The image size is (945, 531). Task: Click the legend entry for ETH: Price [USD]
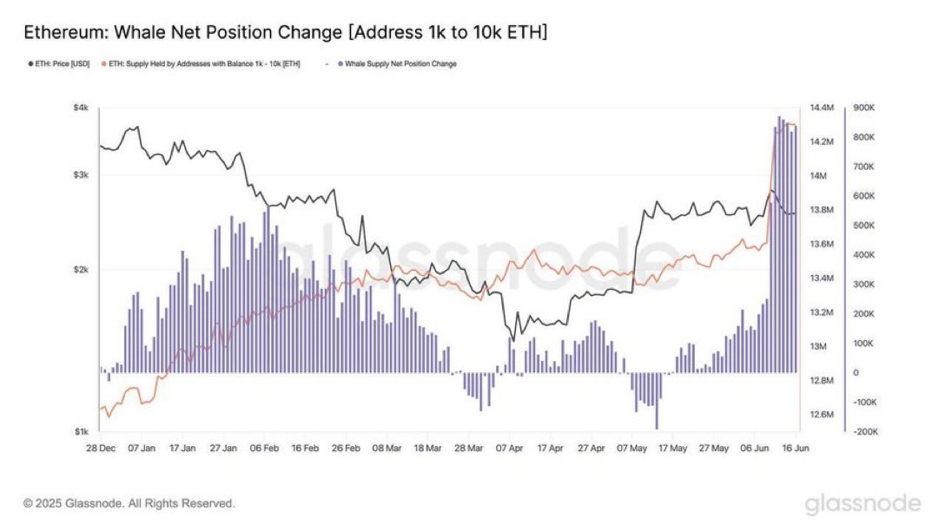[x=59, y=64]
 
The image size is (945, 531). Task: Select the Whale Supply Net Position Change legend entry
[x=400, y=64]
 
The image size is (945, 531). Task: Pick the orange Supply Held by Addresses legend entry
[x=202, y=64]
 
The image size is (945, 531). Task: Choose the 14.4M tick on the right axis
[x=821, y=108]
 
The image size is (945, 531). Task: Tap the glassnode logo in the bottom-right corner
[x=862, y=503]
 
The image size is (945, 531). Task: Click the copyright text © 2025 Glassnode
[x=129, y=503]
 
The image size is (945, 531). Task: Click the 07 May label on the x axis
[x=634, y=449]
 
